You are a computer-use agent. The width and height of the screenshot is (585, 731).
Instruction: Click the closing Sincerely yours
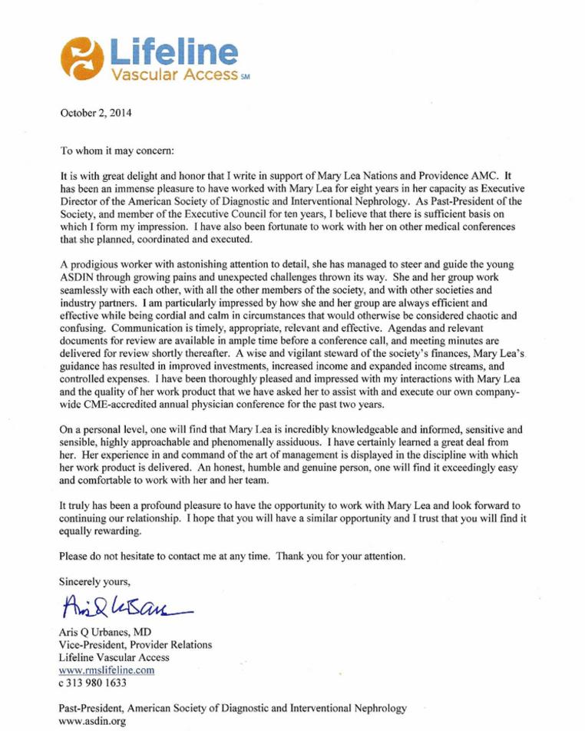pyautogui.click(x=89, y=580)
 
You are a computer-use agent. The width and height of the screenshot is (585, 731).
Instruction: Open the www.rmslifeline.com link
pyautogui.click(x=107, y=670)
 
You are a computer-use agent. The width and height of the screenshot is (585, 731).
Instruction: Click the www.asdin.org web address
pyautogui.click(x=87, y=722)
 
